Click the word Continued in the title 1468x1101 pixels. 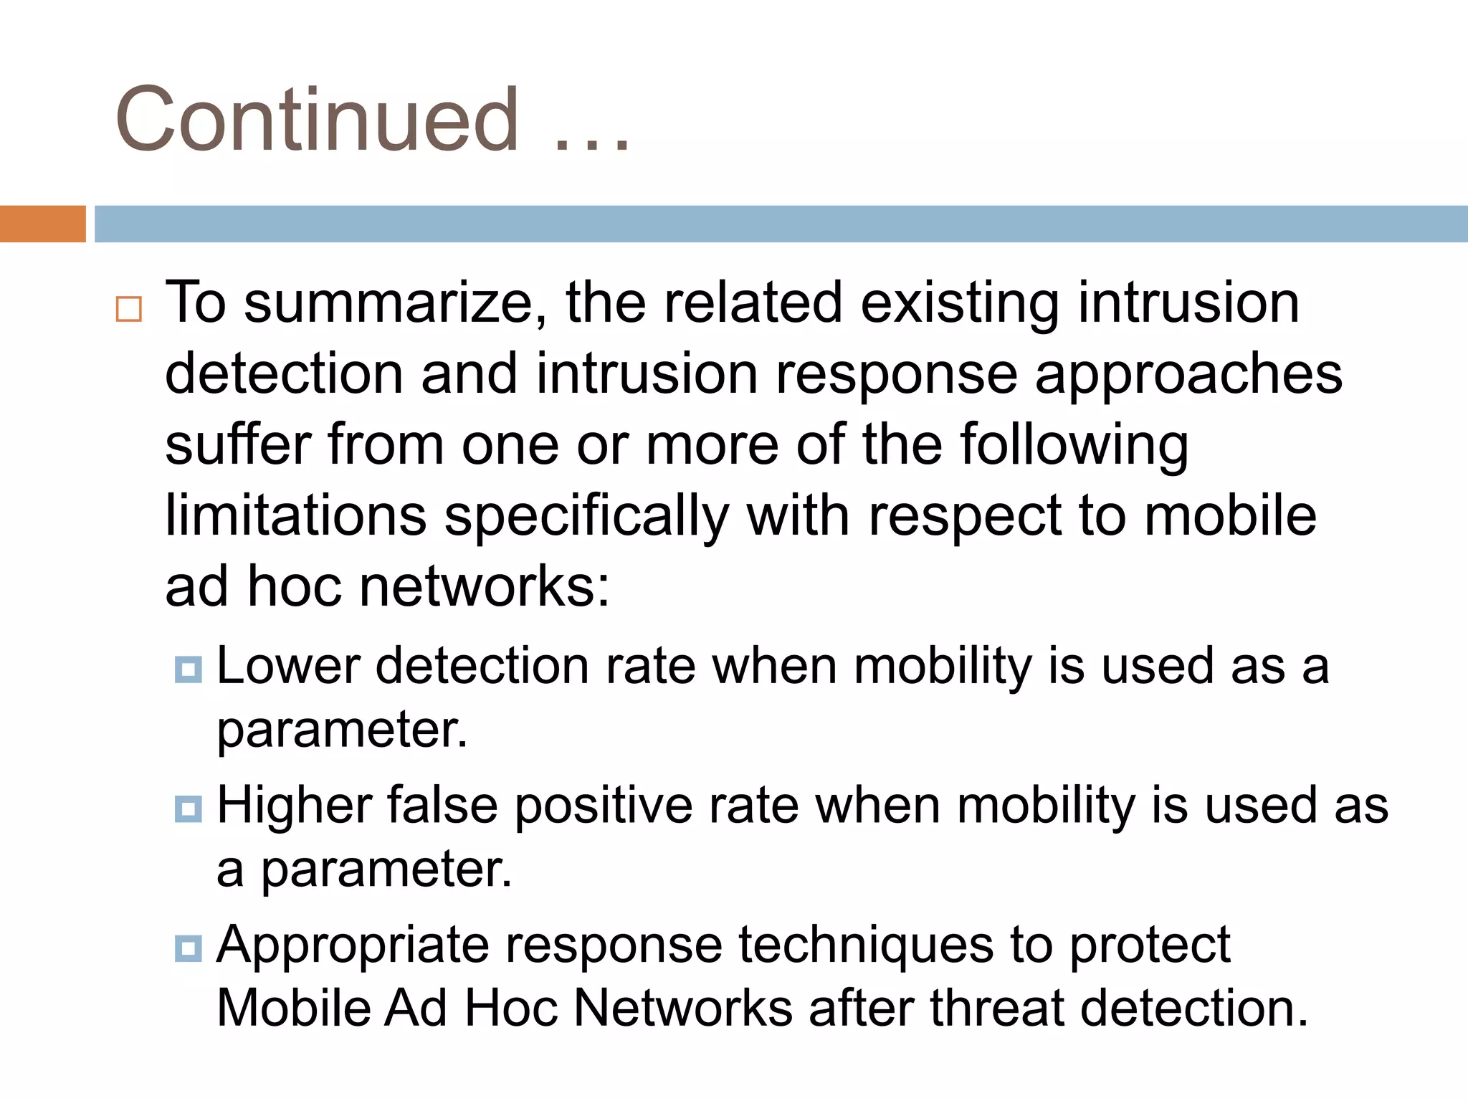coord(316,120)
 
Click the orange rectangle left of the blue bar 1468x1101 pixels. coord(42,224)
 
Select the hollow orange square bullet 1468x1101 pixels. coord(129,310)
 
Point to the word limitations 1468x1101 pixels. coord(295,516)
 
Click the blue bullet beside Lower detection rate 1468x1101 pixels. coord(189,669)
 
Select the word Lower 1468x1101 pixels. coord(287,667)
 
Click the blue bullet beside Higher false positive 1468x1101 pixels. coord(189,809)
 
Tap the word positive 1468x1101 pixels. coord(604,806)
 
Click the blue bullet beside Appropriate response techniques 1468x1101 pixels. coord(189,948)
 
